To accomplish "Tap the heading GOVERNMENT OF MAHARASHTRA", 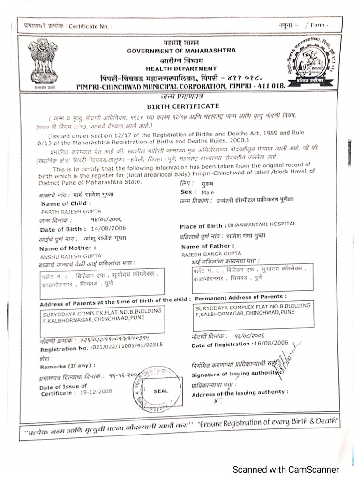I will [182, 50].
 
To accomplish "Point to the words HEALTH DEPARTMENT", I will [180, 68].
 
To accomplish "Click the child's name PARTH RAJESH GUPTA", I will [65, 212].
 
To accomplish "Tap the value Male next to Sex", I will [208, 192].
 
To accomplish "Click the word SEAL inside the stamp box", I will [160, 390].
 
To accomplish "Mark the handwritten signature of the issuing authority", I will [285, 363].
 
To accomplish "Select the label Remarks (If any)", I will [67, 365].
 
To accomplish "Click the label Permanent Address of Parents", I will [240, 297].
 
